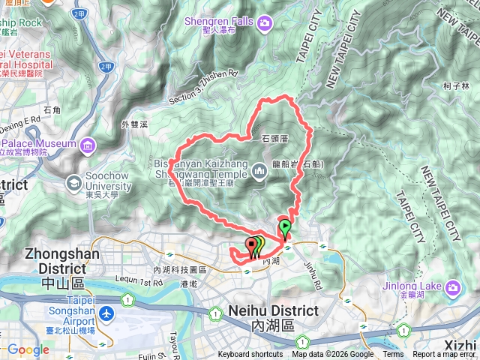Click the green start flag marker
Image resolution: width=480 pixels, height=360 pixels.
pos(285,226)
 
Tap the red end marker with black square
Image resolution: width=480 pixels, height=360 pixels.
pos(250,244)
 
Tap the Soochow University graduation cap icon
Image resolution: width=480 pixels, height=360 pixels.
pos(74,182)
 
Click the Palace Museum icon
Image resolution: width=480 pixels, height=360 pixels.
pos(88,143)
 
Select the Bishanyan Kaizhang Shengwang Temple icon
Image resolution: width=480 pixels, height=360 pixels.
pos(259,172)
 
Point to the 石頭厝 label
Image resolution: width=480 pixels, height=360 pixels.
pos(275,139)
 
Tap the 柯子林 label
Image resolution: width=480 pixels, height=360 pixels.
pos(456,86)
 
